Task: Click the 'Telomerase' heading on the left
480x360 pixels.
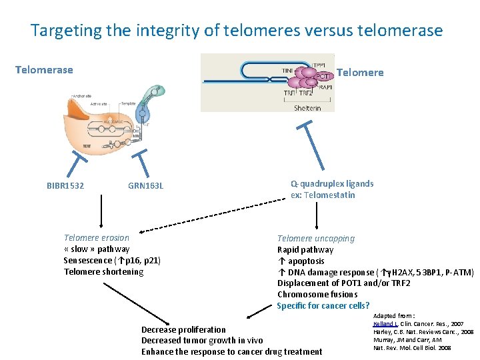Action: point(44,69)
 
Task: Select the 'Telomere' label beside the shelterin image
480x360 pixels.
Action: point(360,72)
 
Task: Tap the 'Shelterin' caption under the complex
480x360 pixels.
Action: point(307,108)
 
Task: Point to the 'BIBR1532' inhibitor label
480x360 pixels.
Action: point(65,186)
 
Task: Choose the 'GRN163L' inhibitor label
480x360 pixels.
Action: point(145,186)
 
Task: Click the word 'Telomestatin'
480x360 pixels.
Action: point(331,195)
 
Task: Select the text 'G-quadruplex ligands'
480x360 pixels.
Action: point(332,183)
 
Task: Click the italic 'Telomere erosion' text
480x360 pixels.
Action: point(97,237)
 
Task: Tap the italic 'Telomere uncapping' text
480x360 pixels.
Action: point(316,239)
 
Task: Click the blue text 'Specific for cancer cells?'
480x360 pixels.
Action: point(323,306)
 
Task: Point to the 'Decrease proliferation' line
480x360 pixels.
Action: point(183,329)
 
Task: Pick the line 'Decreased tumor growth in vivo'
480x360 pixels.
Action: point(202,341)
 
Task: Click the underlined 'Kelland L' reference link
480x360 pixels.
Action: point(385,323)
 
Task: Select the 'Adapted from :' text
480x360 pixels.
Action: point(394,315)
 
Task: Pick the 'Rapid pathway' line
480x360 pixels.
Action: point(305,250)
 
